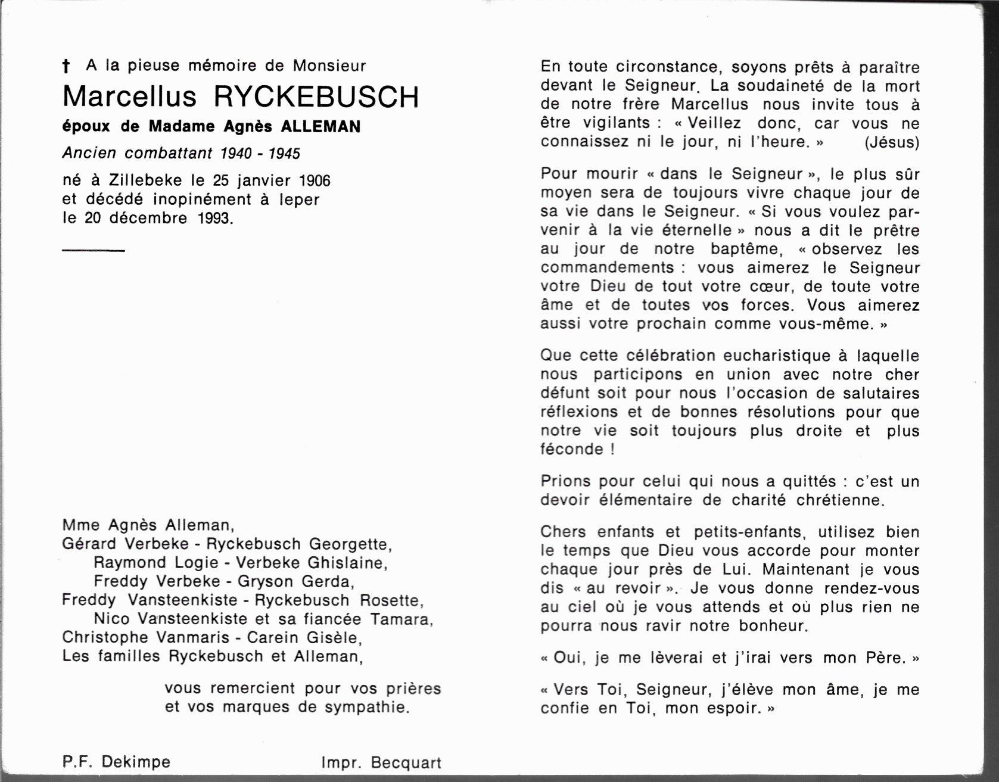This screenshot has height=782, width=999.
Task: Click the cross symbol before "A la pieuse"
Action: point(66,66)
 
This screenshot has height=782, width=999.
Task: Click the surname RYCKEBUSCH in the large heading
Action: point(316,97)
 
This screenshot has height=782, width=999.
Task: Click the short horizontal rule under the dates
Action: point(93,250)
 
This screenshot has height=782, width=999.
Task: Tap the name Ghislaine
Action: point(347,563)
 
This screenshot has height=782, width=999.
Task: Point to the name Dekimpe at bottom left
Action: point(136,762)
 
